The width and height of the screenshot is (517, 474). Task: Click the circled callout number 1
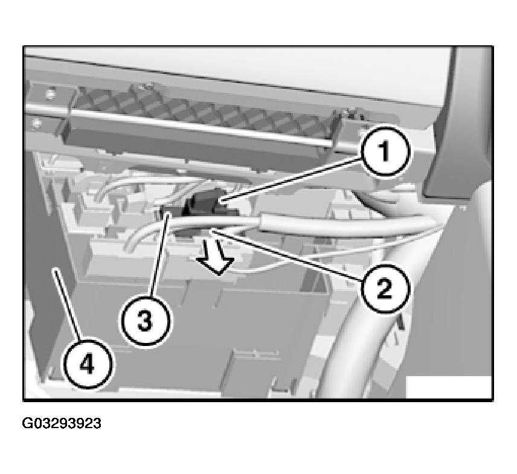click(x=385, y=152)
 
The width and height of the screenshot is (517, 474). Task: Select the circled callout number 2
click(x=385, y=289)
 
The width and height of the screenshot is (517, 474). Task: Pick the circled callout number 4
click(x=87, y=364)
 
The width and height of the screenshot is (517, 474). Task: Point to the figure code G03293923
click(x=62, y=423)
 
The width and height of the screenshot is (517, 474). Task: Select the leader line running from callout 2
click(x=287, y=255)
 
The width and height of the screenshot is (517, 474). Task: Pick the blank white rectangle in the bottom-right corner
click(x=448, y=387)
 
